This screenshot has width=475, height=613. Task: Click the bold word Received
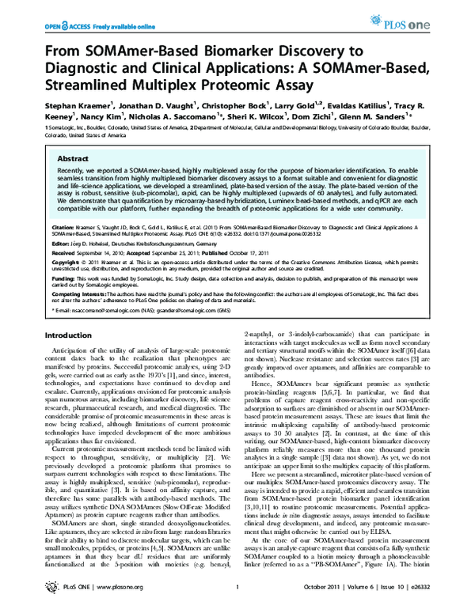click(65, 253)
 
